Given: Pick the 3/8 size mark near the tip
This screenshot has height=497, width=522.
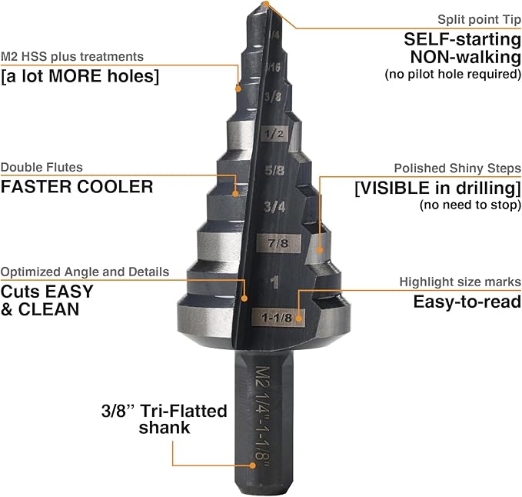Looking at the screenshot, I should tap(271, 97).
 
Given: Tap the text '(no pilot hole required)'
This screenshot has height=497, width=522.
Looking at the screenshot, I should tap(453, 75).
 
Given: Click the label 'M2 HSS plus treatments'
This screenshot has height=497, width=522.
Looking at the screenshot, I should tap(72, 56).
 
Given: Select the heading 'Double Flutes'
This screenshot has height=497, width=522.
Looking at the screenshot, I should tap(42, 167).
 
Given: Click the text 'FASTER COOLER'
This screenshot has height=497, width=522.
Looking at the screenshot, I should tap(77, 186).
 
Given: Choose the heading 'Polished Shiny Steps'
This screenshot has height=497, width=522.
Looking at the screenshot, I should tap(457, 168).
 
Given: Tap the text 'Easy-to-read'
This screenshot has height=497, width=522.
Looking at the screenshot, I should tap(467, 302).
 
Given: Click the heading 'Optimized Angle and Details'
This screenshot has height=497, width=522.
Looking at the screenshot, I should tap(85, 272).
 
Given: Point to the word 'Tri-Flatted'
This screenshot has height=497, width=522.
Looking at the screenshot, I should tap(184, 411).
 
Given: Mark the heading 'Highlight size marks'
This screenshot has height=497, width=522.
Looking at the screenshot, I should tap(460, 282).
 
